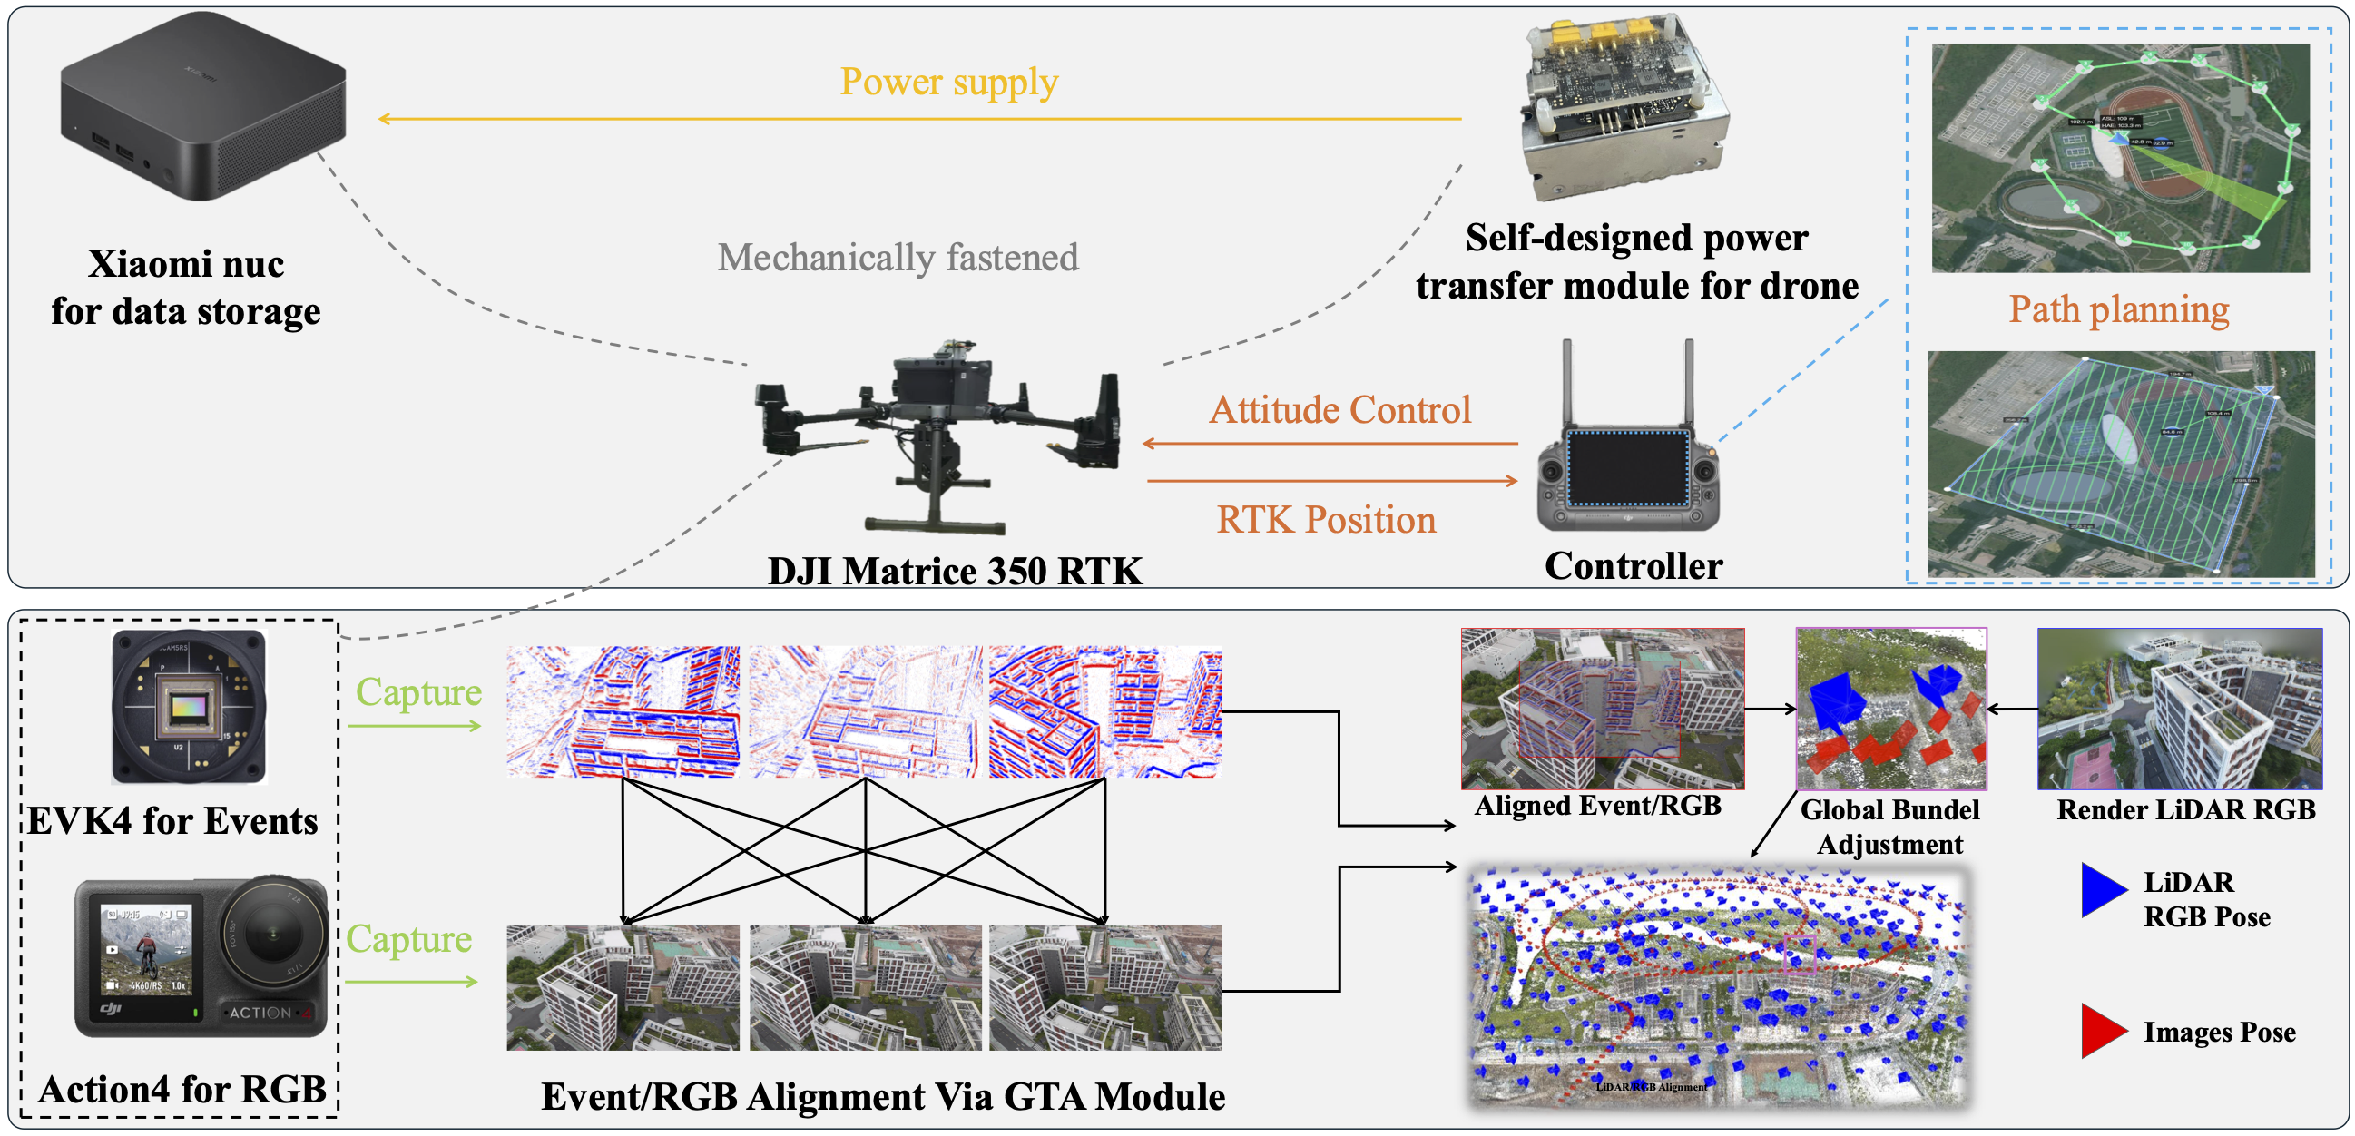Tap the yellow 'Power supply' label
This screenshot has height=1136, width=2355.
949,83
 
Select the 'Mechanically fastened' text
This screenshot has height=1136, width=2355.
898,258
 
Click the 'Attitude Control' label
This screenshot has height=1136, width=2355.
1340,410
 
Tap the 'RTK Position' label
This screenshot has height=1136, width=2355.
1326,520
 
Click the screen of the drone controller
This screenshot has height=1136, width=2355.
1627,467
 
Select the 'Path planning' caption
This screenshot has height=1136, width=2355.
2118,309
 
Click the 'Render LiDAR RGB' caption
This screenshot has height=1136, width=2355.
2186,809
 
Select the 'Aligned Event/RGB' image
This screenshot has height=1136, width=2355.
1602,709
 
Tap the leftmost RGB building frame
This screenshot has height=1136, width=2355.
623,987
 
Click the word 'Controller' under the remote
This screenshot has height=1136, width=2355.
1634,566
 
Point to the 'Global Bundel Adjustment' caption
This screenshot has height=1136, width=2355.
1889,827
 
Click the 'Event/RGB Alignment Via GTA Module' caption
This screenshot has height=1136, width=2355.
883,1097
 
